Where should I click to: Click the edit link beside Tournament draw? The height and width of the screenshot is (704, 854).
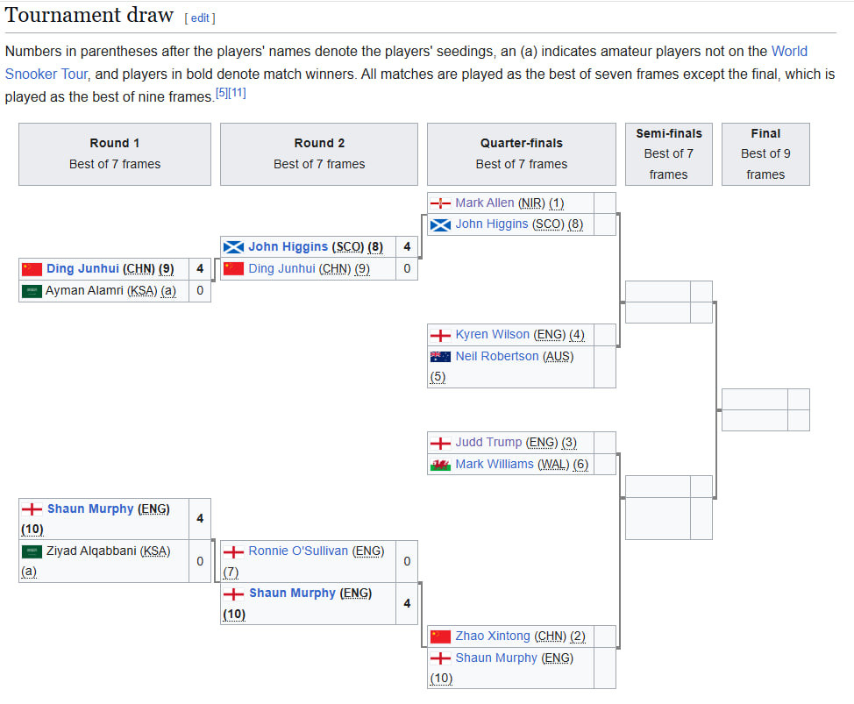coord(199,18)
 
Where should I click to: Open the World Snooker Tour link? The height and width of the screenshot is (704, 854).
coord(789,52)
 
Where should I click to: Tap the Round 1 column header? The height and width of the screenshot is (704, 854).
coord(115,143)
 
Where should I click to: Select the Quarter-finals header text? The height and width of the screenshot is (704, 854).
coord(521,143)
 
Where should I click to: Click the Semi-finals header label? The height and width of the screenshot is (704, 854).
coord(668,133)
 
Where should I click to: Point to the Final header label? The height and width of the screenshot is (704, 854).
coord(765,133)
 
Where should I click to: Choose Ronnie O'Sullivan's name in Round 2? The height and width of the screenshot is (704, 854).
coord(297,551)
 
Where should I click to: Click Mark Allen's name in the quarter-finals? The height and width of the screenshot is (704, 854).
coord(484,203)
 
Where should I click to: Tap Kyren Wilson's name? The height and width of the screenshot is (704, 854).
coord(492,334)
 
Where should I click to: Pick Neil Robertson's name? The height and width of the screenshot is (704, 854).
coord(496,356)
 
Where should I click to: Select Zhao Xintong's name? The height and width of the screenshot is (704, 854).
coord(492,636)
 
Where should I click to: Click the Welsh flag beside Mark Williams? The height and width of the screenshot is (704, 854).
coord(440,465)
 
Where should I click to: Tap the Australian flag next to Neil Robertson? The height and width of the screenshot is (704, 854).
coord(440,357)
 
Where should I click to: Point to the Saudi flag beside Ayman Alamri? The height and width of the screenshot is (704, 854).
coord(32,291)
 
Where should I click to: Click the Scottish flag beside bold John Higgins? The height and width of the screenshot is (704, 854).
coord(233,247)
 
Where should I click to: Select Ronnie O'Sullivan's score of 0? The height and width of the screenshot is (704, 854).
coord(406,561)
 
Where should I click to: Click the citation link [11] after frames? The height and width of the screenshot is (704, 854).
coord(237,93)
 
